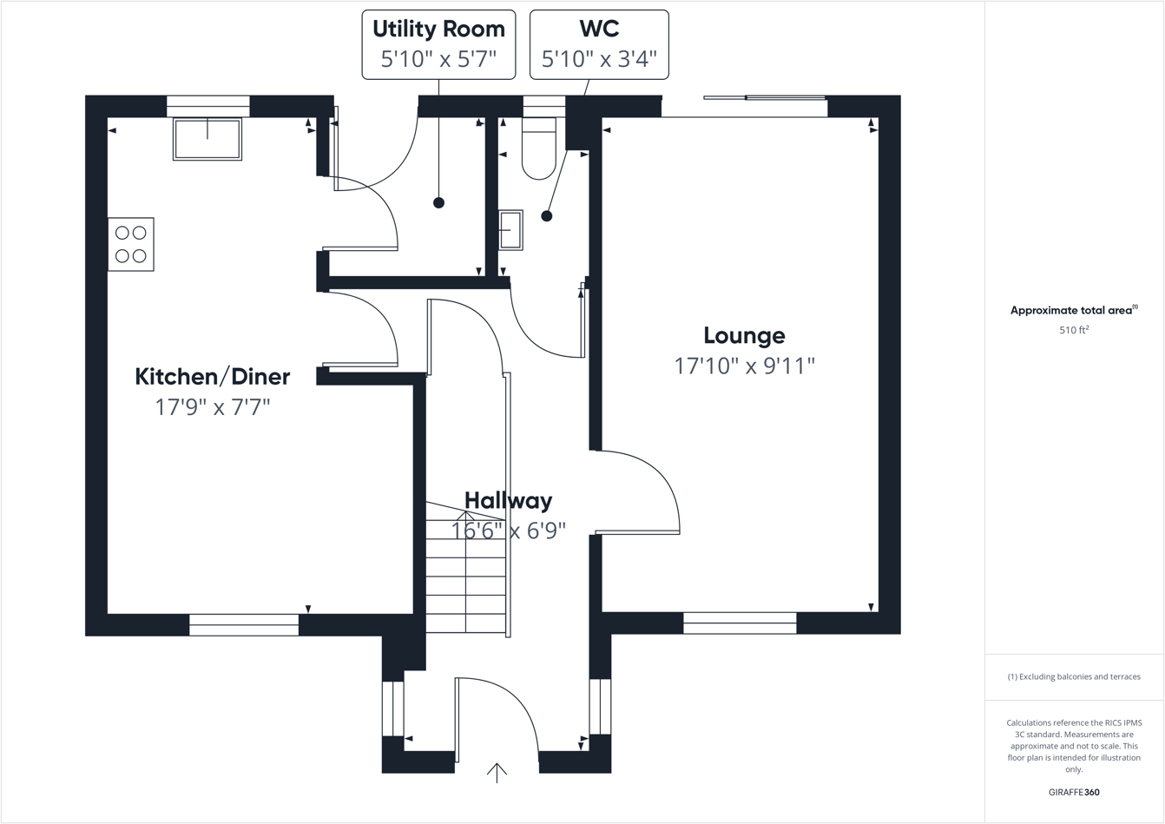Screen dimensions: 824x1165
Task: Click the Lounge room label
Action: pos(744,335)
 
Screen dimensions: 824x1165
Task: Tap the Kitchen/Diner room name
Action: pos(213,377)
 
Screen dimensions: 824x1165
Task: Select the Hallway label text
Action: pos(508,500)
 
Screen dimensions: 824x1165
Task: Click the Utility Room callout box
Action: pos(438,44)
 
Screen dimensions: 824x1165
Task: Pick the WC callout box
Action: pos(599,44)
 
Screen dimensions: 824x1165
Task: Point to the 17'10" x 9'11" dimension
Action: pos(744,366)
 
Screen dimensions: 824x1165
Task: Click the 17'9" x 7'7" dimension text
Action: pos(213,406)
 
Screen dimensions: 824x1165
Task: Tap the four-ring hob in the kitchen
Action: pos(131,244)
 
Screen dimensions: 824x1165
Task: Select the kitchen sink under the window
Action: pos(207,139)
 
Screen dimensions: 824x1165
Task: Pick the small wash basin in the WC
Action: pos(510,230)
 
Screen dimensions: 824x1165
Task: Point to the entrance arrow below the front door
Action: pos(497,772)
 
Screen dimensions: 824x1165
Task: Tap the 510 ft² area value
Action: pos(1074,330)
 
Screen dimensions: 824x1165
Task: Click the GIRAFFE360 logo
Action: pos(1074,792)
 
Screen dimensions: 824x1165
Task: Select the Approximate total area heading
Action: pos(1073,310)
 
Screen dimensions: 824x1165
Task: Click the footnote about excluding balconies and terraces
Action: pos(1074,676)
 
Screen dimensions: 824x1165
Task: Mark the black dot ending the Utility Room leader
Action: pos(438,202)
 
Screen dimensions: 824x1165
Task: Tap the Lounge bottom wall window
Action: pos(740,623)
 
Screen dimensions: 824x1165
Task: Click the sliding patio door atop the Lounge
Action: pos(765,99)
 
